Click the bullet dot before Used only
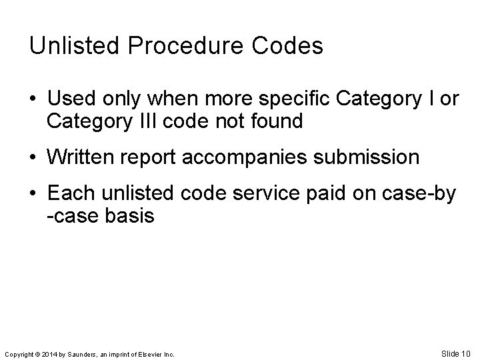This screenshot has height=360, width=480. (33, 100)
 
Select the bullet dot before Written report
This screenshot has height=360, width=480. (33, 158)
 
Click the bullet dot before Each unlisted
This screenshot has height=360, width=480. (33, 194)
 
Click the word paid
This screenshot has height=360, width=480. (356, 194)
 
